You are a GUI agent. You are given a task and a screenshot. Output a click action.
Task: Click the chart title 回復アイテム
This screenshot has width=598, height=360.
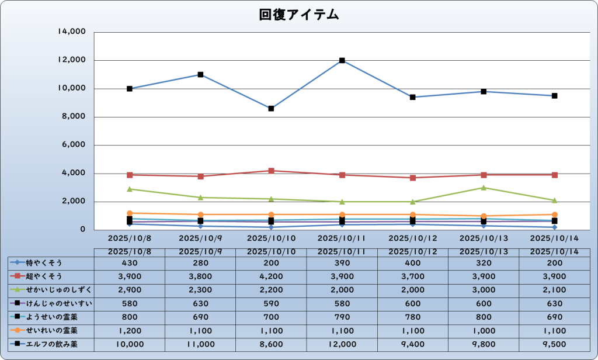[299, 15]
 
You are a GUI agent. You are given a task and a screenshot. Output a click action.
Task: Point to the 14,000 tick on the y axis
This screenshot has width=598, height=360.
[72, 32]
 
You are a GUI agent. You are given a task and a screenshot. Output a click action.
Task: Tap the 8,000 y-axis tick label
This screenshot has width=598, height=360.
[74, 117]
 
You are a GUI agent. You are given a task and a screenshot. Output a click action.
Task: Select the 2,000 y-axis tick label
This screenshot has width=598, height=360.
[74, 202]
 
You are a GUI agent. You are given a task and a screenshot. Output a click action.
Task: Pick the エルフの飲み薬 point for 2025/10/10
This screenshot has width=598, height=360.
[271, 109]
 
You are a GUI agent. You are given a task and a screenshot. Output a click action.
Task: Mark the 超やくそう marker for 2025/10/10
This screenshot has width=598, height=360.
[271, 171]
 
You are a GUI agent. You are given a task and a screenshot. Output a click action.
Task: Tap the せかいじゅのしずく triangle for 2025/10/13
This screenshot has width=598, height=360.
[484, 188]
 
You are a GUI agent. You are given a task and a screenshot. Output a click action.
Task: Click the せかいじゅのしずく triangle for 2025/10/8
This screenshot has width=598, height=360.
[130, 189]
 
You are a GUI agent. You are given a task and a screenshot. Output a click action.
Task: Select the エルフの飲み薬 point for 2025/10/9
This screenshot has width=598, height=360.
[200, 75]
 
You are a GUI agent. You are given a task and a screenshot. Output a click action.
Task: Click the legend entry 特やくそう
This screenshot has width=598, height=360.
[50, 262]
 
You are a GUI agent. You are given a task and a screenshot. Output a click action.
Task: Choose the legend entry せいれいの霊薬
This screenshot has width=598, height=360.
[50, 331]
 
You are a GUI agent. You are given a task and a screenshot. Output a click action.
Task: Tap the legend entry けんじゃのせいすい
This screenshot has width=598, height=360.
[50, 303]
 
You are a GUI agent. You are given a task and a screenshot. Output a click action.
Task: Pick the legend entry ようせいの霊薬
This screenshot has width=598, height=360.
[50, 317]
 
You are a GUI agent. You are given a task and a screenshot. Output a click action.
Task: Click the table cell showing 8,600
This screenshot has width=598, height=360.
[271, 344]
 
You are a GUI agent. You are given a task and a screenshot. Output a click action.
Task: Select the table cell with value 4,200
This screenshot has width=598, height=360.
[271, 276]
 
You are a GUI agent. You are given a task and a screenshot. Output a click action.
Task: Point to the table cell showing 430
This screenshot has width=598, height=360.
[130, 262]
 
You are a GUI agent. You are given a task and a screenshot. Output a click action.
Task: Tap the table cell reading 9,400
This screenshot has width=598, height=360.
[413, 344]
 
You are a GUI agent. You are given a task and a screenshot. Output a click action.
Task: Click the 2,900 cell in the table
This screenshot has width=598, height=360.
[130, 290]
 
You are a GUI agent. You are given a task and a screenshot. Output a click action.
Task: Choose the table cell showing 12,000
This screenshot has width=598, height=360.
[342, 344]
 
